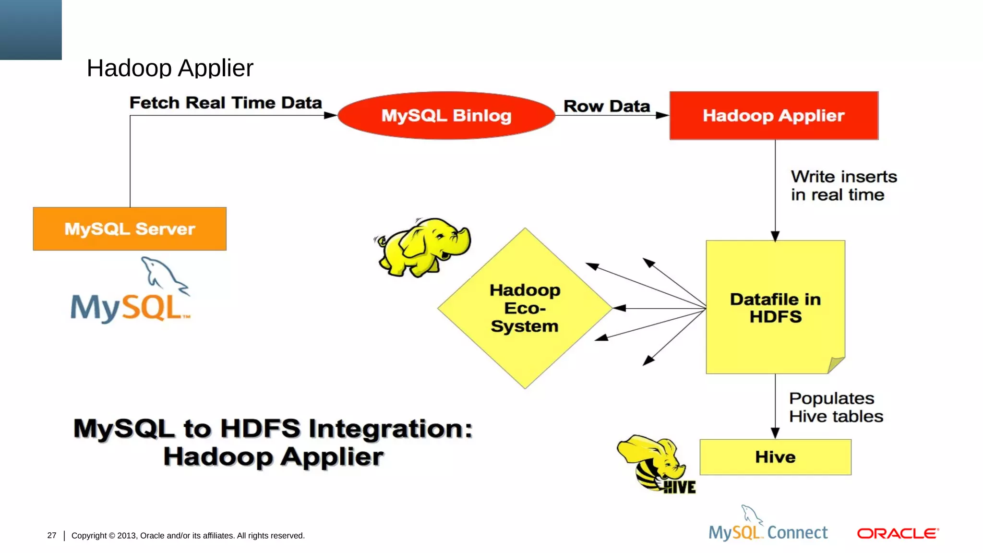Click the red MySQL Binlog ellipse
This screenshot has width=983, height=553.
coord(446,116)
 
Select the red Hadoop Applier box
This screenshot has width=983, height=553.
coord(774,116)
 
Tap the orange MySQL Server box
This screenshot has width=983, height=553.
coord(130,229)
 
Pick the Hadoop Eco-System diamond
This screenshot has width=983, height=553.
coord(525,308)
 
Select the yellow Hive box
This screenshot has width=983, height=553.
coord(775,457)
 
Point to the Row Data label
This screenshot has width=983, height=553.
coord(607,106)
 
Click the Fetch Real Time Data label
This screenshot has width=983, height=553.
coord(226,103)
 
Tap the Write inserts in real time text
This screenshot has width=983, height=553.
coord(843,186)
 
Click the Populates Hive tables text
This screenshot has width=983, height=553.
coord(836,408)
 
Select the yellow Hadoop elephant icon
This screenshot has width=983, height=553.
coord(423,247)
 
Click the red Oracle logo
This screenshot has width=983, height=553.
coord(898,533)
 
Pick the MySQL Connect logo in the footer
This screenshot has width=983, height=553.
coord(768,526)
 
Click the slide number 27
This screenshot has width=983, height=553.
coord(52,535)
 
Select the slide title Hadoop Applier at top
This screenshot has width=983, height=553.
coord(170,68)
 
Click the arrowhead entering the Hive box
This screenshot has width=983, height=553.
coord(775,433)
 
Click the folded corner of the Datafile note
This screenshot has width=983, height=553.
coord(836,365)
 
